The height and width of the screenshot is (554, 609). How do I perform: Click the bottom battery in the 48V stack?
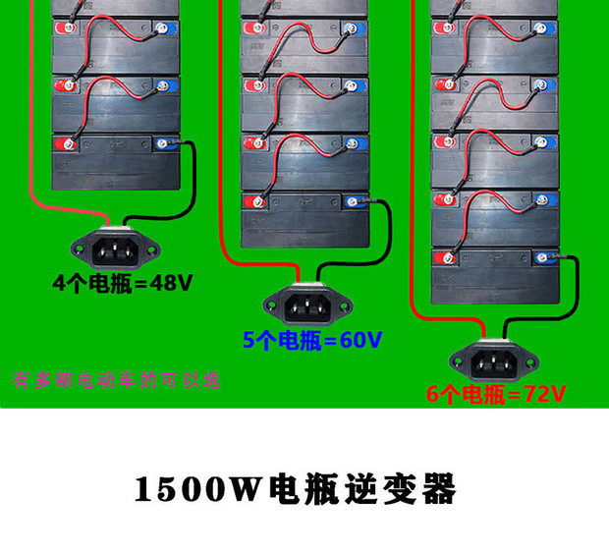click(116, 162)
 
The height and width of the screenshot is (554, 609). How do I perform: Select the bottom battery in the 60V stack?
click(304, 219)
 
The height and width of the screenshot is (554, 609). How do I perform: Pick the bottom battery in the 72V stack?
click(495, 276)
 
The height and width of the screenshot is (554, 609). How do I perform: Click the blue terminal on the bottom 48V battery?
click(163, 144)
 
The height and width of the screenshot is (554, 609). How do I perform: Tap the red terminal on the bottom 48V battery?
click(67, 144)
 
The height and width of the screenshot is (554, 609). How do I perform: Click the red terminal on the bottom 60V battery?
click(257, 202)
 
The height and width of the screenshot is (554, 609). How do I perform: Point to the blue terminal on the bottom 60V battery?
click(352, 202)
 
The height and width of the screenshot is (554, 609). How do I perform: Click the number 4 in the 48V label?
click(59, 284)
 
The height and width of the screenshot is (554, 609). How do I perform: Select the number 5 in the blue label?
click(249, 341)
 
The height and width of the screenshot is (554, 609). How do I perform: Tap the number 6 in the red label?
click(434, 395)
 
